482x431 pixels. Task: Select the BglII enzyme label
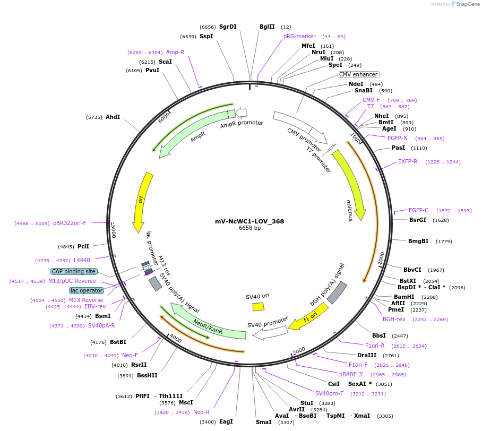click(x=267, y=27)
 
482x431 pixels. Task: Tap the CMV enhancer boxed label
click(x=358, y=74)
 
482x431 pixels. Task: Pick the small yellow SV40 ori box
click(x=259, y=306)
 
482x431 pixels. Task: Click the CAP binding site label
click(x=74, y=271)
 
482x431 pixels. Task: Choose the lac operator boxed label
click(x=87, y=290)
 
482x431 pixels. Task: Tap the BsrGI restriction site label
click(x=417, y=220)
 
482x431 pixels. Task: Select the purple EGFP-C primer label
click(x=418, y=210)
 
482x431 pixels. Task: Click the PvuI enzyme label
click(x=152, y=70)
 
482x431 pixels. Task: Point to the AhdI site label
click(x=113, y=117)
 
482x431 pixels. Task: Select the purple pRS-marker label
click(x=299, y=36)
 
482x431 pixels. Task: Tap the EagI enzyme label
click(x=226, y=421)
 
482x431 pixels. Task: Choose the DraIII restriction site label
click(x=367, y=355)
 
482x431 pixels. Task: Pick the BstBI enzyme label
click(x=118, y=342)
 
